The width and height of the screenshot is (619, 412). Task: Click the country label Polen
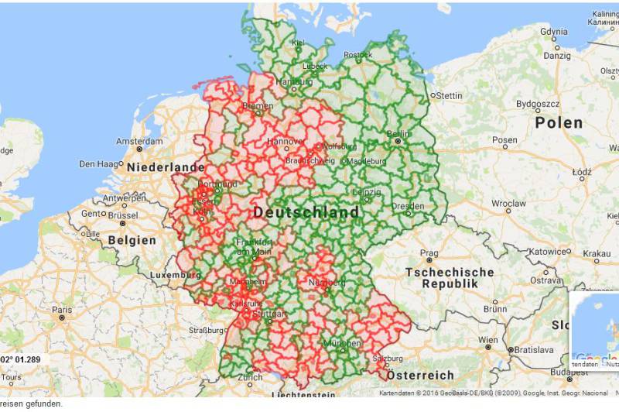click(x=559, y=122)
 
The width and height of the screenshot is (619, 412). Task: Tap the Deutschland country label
click(x=306, y=212)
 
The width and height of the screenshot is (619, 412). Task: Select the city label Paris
click(x=62, y=309)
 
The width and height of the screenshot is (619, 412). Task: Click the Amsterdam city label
click(x=139, y=142)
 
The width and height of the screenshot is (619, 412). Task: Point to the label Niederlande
click(x=166, y=167)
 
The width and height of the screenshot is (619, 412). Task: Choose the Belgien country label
click(x=132, y=240)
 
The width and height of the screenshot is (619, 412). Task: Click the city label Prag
click(x=429, y=252)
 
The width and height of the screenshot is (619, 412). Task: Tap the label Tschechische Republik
click(x=450, y=278)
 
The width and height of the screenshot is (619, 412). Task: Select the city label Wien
click(x=488, y=340)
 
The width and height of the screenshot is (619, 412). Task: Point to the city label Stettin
click(x=449, y=95)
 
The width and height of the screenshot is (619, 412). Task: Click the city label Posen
click(x=504, y=141)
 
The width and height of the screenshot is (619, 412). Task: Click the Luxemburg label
click(x=169, y=275)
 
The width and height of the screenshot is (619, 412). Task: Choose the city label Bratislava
click(x=533, y=350)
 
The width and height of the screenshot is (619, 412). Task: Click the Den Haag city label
click(x=97, y=163)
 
